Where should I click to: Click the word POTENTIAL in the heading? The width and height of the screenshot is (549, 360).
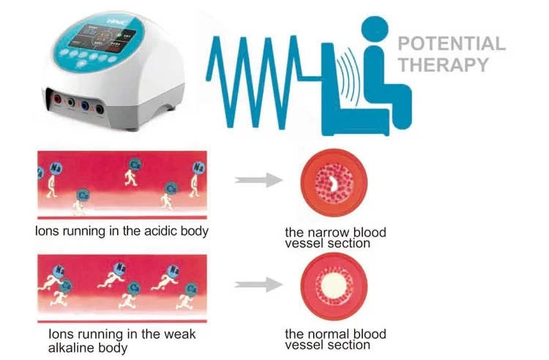[x=451, y=43]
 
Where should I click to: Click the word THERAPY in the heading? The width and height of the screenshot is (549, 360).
[x=443, y=64]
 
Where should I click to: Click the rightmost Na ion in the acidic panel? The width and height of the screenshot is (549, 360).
[x=198, y=168]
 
